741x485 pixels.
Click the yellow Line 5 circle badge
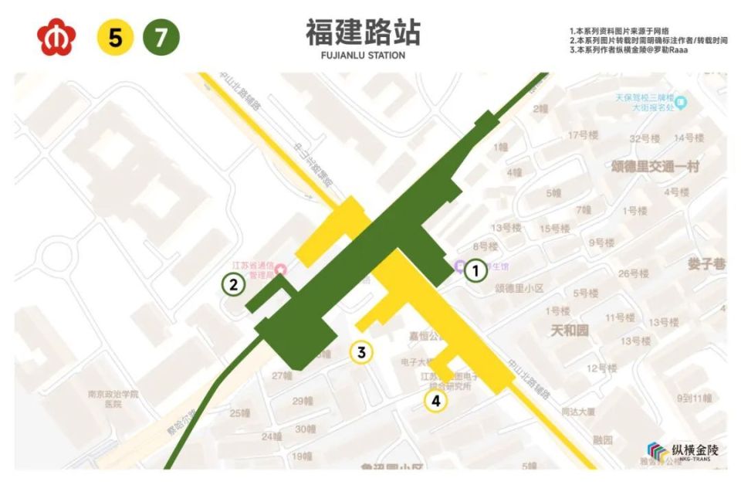pos(115,37)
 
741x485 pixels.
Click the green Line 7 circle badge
pos(161,37)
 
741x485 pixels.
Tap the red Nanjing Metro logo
pos(55,37)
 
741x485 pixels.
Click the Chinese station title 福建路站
pos(363,32)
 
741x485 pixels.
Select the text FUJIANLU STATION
pos(363,56)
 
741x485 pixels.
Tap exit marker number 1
pos(476,270)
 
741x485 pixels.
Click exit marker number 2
pos(233,284)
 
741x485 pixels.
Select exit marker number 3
pos(361,353)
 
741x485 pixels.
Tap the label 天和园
pos(570,331)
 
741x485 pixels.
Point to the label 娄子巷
pos(706,263)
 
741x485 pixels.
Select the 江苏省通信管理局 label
pos(255,269)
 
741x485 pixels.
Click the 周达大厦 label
pos(578,412)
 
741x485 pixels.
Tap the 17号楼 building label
pos(583,135)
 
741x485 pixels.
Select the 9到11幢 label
pos(694,399)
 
